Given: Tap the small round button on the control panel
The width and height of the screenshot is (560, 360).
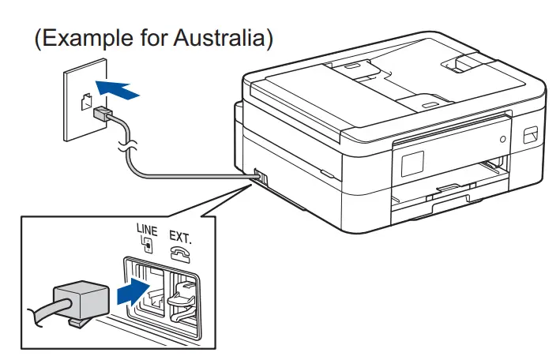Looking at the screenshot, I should pyautogui.click(x=502, y=138).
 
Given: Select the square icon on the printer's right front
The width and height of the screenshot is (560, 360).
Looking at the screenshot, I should pyautogui.click(x=531, y=136).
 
